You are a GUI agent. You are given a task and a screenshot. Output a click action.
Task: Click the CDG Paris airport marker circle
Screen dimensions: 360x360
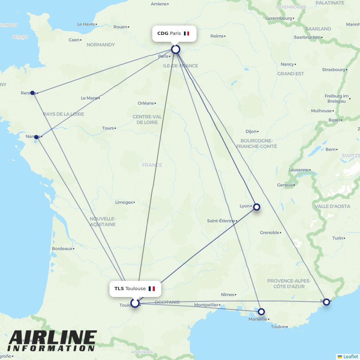(x=175, y=49)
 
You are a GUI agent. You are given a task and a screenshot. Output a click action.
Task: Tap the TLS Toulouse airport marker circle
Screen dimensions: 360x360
(x=135, y=303)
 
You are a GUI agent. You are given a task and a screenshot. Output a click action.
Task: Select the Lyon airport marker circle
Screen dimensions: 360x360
(x=257, y=207)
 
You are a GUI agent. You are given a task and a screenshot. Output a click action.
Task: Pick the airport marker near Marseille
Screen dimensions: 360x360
(x=261, y=311)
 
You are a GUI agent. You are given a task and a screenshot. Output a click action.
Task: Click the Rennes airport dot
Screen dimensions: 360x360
(x=32, y=93)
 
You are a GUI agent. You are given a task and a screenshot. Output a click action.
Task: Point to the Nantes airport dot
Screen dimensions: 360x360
(x=36, y=137)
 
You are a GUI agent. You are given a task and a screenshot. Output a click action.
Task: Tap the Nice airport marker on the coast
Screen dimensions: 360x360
(x=326, y=302)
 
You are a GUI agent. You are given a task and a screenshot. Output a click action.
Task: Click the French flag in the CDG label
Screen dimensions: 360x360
(x=186, y=33)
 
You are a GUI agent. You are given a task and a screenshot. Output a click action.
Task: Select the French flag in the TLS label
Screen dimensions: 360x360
(x=152, y=289)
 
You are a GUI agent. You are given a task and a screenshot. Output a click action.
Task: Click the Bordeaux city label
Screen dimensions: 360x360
(x=62, y=249)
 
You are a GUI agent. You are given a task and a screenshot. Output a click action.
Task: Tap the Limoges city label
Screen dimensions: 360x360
(x=124, y=202)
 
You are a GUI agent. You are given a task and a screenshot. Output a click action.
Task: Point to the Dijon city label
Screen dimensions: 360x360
(x=251, y=132)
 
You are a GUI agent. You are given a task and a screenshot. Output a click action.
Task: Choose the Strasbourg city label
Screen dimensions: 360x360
(x=333, y=70)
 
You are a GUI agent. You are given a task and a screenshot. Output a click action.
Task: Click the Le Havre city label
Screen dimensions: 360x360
(x=86, y=24)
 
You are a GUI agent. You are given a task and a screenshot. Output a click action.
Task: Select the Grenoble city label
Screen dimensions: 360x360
(x=270, y=233)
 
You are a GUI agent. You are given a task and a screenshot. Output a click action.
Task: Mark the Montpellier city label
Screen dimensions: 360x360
(x=206, y=305)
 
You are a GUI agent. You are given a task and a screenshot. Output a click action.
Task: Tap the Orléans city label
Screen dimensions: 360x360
(x=145, y=103)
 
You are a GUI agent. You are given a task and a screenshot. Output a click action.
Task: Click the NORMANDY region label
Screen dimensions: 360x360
(x=100, y=45)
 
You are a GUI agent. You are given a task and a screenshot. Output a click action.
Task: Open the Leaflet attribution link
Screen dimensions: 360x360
(x=350, y=356)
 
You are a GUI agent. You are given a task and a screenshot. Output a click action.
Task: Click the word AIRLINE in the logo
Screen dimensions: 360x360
(x=53, y=338)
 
